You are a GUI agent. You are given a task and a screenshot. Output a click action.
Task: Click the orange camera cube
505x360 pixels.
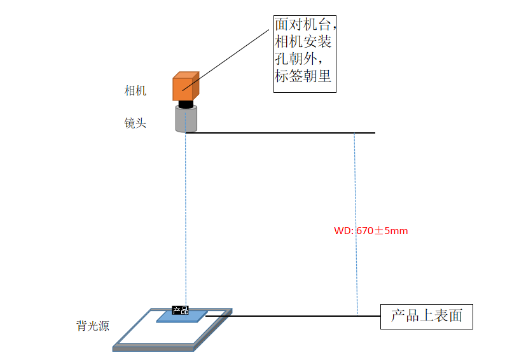click(185, 87)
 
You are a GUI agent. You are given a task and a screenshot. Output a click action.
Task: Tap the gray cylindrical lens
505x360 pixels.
click(186, 119)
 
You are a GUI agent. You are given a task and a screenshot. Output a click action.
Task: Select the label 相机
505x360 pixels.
click(135, 91)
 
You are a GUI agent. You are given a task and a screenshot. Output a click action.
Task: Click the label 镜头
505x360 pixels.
click(135, 123)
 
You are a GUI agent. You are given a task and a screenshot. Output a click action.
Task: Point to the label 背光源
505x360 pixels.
click(93, 326)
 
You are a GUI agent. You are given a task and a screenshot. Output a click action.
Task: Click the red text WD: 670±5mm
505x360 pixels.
click(371, 231)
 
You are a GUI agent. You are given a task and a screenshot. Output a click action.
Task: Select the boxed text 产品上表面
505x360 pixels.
click(426, 315)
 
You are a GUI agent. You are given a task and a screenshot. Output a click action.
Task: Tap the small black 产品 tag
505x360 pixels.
click(181, 310)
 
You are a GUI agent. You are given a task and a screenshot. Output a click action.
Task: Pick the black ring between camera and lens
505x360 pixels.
click(186, 104)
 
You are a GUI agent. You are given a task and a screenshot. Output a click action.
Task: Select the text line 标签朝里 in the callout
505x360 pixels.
click(303, 76)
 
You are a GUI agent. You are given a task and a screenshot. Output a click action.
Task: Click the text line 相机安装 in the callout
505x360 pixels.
click(303, 42)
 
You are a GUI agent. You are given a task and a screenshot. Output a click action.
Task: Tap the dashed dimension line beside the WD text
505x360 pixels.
click(356, 191)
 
